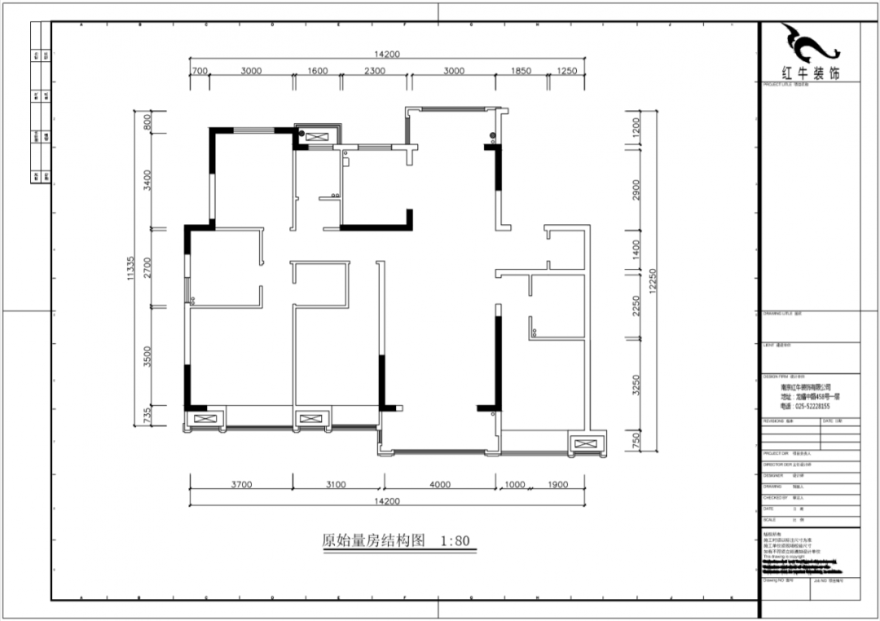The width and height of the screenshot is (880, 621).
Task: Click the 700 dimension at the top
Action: click(200, 71)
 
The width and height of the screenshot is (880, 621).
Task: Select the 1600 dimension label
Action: click(318, 71)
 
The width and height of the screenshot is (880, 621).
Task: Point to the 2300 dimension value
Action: click(374, 71)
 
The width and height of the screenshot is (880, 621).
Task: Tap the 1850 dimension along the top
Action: click(521, 71)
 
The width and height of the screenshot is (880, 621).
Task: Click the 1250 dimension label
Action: click(567, 71)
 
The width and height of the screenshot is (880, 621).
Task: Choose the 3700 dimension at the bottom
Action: click(241, 485)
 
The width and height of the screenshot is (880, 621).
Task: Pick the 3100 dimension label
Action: click(336, 485)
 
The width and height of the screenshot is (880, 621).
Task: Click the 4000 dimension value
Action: click(439, 485)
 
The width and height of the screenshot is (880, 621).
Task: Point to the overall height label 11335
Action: click(130, 268)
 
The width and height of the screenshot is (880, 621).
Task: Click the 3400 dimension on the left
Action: click(147, 179)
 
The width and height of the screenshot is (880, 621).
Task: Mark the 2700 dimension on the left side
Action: click(147, 268)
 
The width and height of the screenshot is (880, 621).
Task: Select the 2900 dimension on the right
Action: click(636, 189)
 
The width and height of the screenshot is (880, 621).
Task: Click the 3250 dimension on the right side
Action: click(636, 385)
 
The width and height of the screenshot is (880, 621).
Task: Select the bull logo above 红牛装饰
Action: click(807, 45)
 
